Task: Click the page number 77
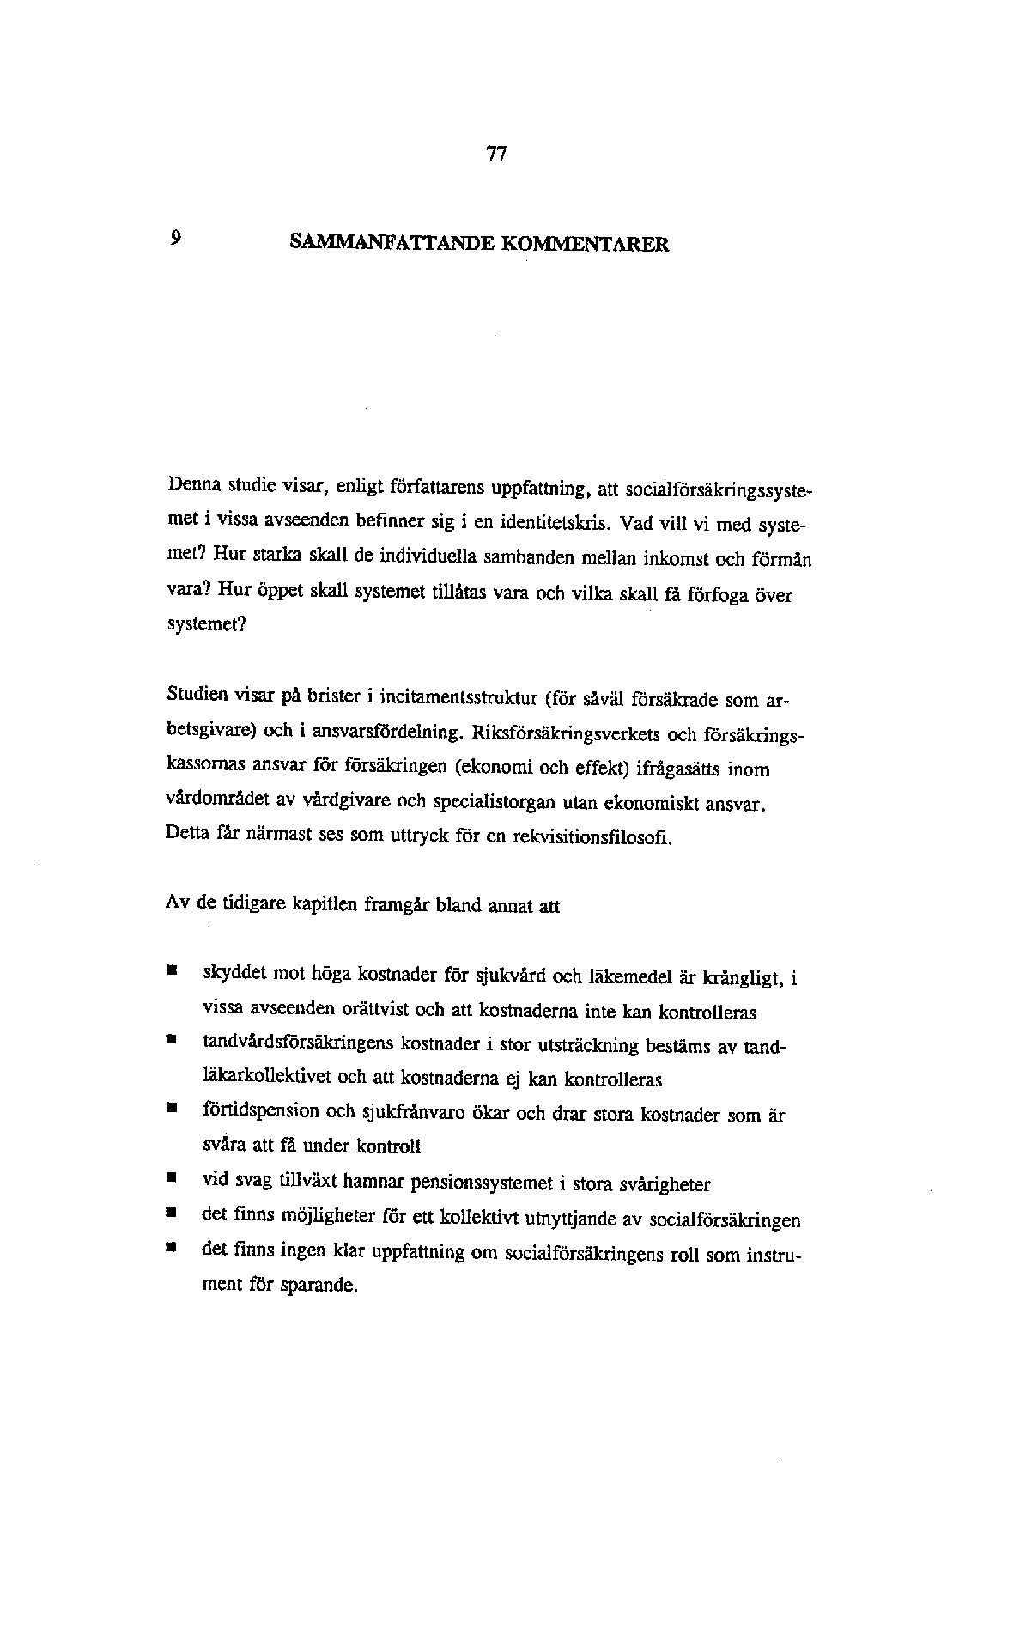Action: click(x=496, y=155)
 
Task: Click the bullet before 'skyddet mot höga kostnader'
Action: click(x=173, y=971)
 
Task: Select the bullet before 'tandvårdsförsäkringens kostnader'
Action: click(x=173, y=1041)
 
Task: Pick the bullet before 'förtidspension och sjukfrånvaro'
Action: click(x=173, y=1110)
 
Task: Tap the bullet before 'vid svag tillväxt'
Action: click(x=173, y=1179)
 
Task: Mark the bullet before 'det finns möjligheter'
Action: click(x=173, y=1214)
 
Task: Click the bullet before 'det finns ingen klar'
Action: click(x=173, y=1250)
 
